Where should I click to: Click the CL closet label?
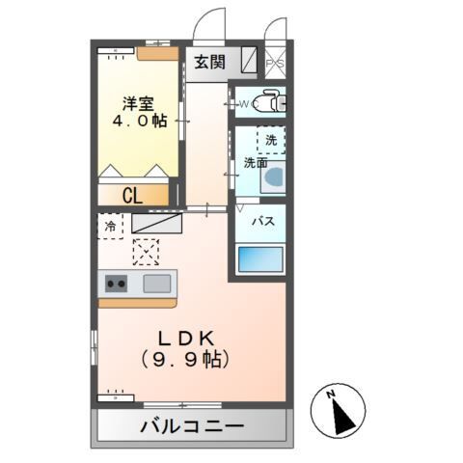tap(133, 195)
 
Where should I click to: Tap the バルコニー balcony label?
tap(191, 424)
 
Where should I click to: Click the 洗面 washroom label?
tap(256, 162)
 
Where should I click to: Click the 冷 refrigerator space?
tap(110, 226)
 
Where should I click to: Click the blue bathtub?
tap(260, 259)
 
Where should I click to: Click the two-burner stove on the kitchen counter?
tap(117, 284)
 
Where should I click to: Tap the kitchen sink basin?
tap(157, 284)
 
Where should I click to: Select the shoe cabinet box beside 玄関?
tap(248, 62)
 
